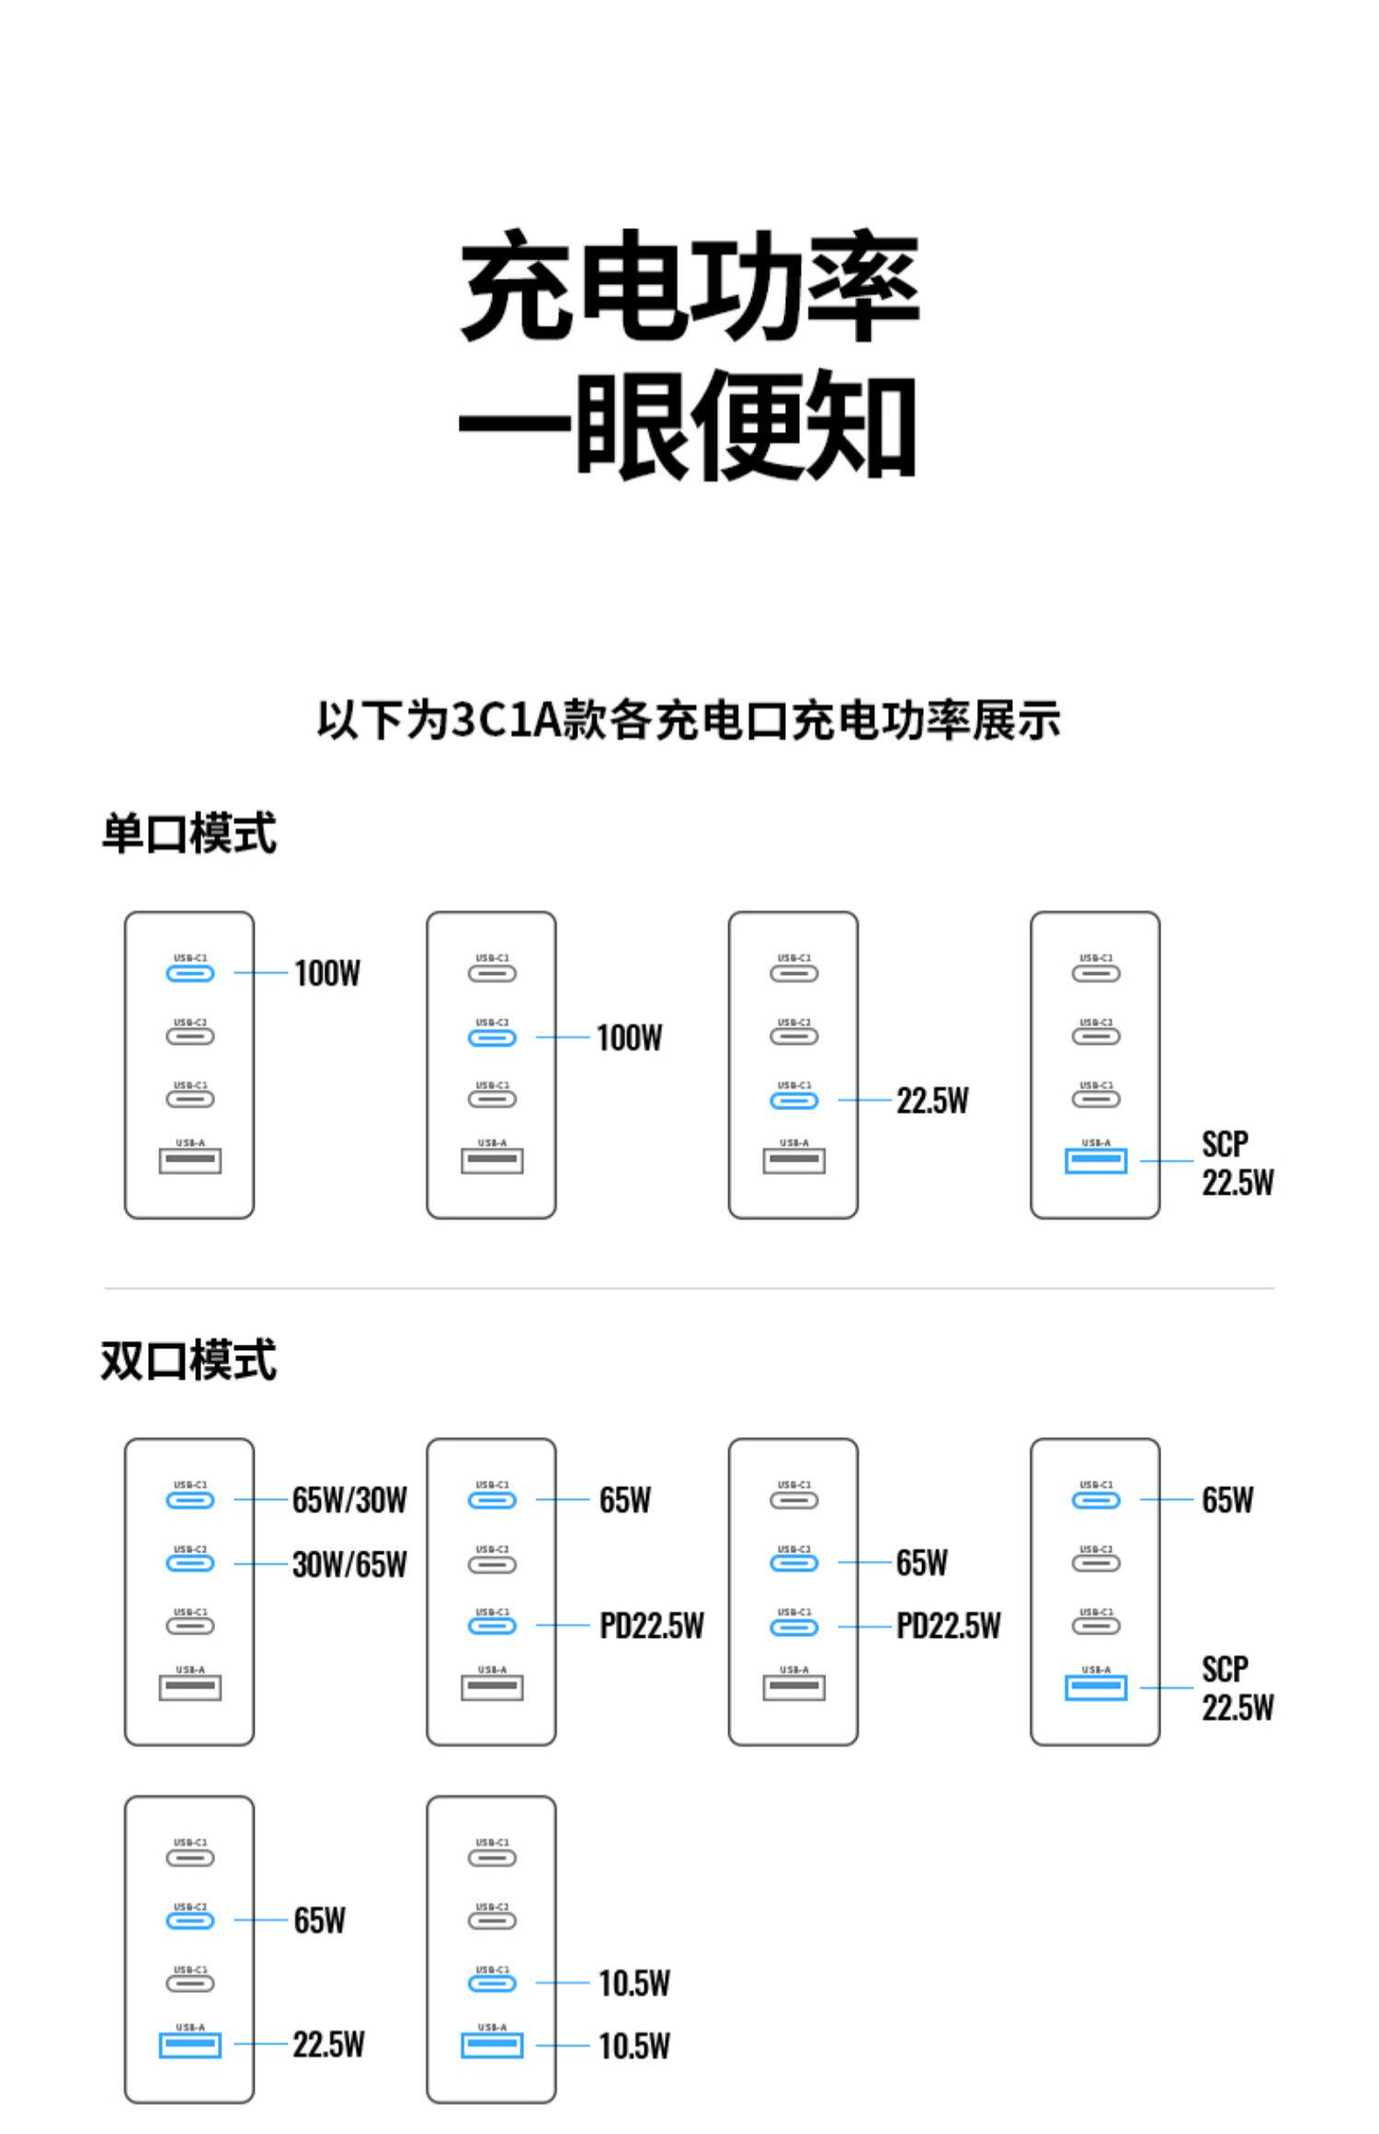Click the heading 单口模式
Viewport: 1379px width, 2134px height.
pos(188,834)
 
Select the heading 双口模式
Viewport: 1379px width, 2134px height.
pos(188,1360)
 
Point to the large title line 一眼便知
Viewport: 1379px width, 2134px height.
pos(689,425)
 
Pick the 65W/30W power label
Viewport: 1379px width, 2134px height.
pos(349,1500)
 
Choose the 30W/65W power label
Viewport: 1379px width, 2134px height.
pos(349,1564)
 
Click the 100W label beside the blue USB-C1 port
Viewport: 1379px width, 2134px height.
pos(327,973)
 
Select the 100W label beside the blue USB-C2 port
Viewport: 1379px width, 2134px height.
pos(629,1038)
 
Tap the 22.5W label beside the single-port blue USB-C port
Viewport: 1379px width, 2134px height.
pos(932,1100)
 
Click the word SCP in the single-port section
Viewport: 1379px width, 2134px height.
pos(1225,1144)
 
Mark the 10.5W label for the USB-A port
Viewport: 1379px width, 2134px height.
pos(634,2046)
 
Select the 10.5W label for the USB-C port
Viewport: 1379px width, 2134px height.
pos(634,1983)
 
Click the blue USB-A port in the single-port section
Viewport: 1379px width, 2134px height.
pos(1096,1161)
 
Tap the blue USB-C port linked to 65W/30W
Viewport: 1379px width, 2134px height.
pos(190,1501)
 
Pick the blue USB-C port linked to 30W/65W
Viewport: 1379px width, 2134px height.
pos(190,1563)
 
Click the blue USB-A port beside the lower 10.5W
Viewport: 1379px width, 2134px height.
pos(492,2045)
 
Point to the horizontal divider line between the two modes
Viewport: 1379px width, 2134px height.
pos(689,1288)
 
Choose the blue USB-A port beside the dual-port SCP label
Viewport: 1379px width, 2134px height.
pos(1096,1687)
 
